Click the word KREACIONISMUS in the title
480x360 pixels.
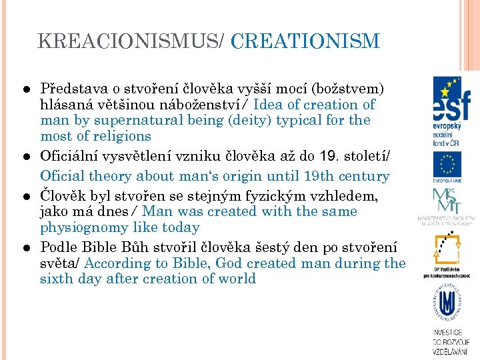point(127,41)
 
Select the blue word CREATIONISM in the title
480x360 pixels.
point(305,41)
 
